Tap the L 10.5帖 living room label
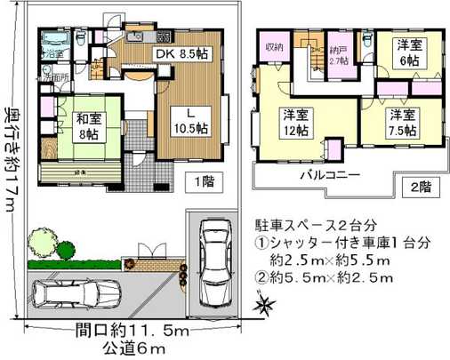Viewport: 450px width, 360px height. pos(190,120)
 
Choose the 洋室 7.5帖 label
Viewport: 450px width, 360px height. pos(401,122)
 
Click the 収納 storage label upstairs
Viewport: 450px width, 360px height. pos(272,46)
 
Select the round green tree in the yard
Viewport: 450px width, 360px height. pos(40,241)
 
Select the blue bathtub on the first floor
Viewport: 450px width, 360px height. pos(55,39)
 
